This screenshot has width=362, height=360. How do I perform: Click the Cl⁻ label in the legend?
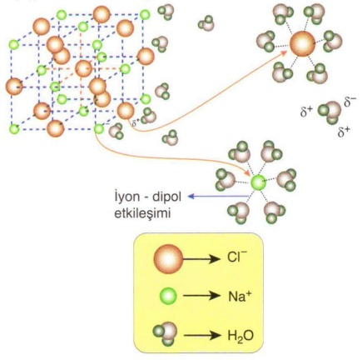[237, 257]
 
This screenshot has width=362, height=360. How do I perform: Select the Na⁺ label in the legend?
[240, 297]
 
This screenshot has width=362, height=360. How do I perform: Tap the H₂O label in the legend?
[241, 336]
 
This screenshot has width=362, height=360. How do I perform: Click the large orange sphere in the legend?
[168, 258]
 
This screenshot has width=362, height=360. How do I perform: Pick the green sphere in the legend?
[168, 296]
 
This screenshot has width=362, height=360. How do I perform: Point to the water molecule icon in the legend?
[166, 333]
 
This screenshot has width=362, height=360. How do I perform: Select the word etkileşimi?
[141, 213]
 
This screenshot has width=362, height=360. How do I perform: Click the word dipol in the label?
[166, 197]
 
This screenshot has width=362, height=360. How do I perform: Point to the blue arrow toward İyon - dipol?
[218, 197]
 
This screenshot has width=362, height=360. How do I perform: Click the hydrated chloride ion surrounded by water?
[302, 44]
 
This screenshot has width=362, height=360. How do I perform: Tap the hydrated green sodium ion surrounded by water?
[258, 182]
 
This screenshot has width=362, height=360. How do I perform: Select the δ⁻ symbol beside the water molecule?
[350, 102]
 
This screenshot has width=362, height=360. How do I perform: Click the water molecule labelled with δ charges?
[330, 112]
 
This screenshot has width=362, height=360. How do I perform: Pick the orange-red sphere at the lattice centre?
[83, 68]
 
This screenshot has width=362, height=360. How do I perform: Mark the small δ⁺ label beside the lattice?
[136, 122]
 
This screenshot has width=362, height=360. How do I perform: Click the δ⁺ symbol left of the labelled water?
[306, 112]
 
